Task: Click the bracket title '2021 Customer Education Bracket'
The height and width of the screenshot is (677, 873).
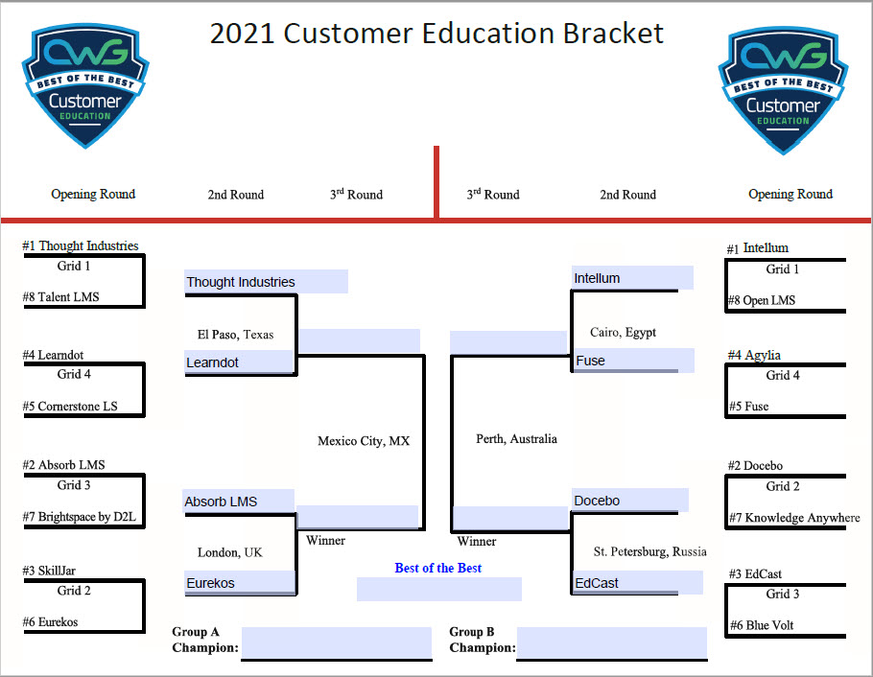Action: [436, 34]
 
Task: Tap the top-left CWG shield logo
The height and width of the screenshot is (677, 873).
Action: [85, 86]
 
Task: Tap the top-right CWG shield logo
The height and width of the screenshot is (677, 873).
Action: [783, 88]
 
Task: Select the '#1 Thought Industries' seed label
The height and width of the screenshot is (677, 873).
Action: [81, 246]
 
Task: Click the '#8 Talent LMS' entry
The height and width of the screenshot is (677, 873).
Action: [60, 297]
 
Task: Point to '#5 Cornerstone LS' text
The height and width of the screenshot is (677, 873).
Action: [70, 407]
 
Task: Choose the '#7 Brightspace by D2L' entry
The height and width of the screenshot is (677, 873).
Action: [80, 518]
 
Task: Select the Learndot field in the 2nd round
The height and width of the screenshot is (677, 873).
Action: [238, 362]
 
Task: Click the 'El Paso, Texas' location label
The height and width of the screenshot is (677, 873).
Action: [235, 335]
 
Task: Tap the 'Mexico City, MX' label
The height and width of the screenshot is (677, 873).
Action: [364, 441]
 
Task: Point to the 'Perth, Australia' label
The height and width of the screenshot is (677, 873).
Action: [516, 439]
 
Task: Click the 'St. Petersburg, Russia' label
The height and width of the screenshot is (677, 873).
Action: [649, 551]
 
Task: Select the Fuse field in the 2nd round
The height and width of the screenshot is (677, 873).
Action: [632, 361]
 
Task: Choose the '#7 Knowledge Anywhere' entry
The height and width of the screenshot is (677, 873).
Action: [793, 518]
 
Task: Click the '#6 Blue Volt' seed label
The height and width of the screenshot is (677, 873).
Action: [762, 625]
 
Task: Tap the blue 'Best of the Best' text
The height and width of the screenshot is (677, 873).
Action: [438, 568]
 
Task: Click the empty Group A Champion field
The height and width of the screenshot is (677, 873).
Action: [336, 643]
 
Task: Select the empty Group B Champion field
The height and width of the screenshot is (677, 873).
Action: [612, 643]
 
